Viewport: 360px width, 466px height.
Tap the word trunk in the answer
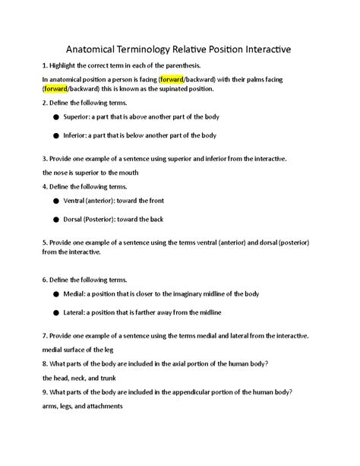[x=109, y=378]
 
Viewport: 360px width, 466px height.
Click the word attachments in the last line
[x=101, y=406]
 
